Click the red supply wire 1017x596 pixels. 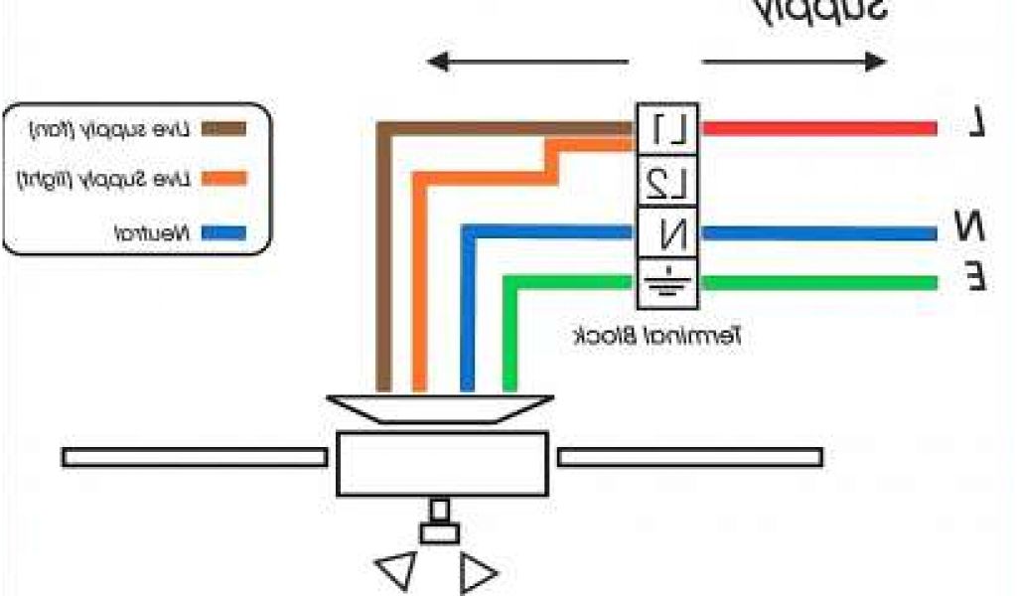pos(819,128)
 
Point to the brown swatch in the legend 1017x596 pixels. pos(223,128)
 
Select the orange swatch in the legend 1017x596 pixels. pos(223,180)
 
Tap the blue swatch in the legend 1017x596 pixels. pos(223,235)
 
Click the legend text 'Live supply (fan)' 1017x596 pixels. pos(109,129)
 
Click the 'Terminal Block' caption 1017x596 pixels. pos(657,336)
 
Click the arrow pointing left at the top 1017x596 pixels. pos(496,63)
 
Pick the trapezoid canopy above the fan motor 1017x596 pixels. pos(440,408)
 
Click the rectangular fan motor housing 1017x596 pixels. pos(442,463)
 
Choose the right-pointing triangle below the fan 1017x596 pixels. pos(479,574)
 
